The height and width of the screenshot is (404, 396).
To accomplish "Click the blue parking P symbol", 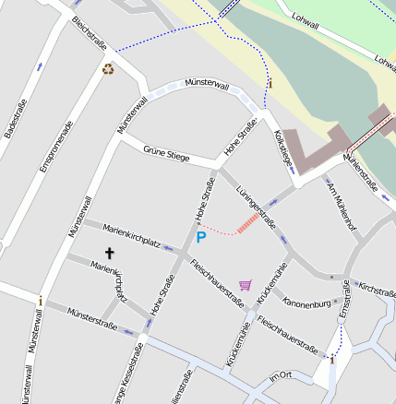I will pos(200,237).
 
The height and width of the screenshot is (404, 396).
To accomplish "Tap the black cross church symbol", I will pos(109,252).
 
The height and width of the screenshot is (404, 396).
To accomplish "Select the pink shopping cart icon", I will pos(245,285).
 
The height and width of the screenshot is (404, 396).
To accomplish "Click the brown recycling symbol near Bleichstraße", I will pos(108,67).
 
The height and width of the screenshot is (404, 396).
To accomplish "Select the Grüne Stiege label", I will pos(166,153).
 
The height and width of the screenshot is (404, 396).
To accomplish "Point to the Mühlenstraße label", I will pos(359,171).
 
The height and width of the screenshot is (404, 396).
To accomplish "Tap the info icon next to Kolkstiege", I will pos(270,83).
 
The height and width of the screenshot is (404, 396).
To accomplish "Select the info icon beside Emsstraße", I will pos(332,359).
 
